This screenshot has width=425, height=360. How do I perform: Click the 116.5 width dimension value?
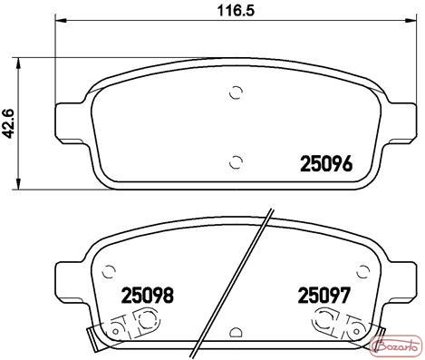coord(237,11)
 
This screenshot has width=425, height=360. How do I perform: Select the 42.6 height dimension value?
coord(9,123)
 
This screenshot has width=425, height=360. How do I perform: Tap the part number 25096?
coord(326,163)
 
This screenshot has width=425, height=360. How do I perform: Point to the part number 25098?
coord(148,295)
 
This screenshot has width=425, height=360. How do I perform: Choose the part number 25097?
coord(324,295)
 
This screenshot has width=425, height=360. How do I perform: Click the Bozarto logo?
coord(395,345)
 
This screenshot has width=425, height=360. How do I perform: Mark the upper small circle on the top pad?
coord(236,92)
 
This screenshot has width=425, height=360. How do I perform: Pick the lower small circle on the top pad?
coord(236,162)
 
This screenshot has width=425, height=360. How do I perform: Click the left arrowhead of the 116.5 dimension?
coord(61,21)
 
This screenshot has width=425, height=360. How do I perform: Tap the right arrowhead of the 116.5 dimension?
coord(412,21)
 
